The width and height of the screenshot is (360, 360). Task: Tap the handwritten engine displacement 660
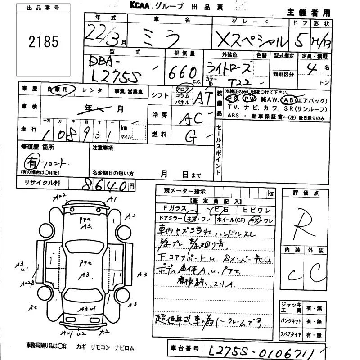coord(183,71)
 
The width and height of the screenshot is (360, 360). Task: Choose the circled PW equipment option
coord(248,98)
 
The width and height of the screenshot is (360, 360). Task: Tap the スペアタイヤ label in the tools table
coord(291,335)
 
